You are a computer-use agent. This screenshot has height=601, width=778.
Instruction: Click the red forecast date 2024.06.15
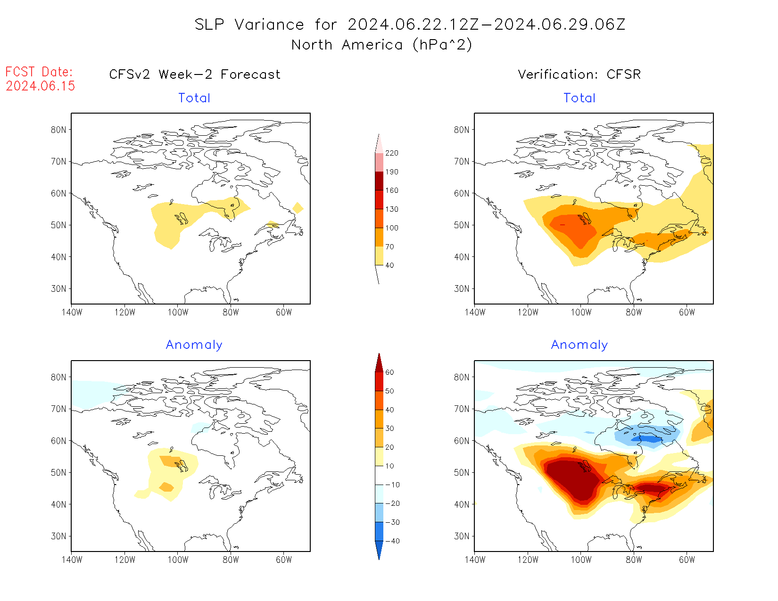click(41, 86)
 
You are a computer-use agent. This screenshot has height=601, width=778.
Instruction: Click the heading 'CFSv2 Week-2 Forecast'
click(194, 74)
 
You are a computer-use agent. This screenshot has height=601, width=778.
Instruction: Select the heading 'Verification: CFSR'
click(579, 74)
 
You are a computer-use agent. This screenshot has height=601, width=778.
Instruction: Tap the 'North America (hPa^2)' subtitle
click(381, 45)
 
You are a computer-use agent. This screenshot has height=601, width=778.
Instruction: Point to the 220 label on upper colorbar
click(392, 153)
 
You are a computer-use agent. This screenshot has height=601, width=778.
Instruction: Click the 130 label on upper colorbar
click(392, 209)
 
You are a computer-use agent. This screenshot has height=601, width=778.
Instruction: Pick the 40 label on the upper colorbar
click(389, 265)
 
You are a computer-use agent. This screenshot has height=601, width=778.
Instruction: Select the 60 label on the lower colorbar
click(389, 372)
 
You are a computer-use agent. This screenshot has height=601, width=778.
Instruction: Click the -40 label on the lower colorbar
click(392, 541)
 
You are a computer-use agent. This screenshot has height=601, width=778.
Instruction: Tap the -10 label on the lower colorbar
click(392, 485)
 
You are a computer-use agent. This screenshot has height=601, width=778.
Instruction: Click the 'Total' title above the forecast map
click(194, 98)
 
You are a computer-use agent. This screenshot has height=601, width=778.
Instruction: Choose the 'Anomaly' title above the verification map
click(579, 345)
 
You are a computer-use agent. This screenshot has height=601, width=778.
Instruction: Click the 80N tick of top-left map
click(58, 130)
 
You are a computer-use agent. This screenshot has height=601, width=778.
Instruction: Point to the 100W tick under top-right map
click(581, 312)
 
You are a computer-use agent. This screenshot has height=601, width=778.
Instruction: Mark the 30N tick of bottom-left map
click(58, 536)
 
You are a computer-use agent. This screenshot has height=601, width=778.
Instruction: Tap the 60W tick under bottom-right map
click(687, 560)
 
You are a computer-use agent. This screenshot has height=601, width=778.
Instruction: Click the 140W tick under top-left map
click(72, 312)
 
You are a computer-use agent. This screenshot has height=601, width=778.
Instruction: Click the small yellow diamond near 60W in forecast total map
click(298, 208)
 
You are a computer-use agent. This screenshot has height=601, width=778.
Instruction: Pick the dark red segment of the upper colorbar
click(379, 181)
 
